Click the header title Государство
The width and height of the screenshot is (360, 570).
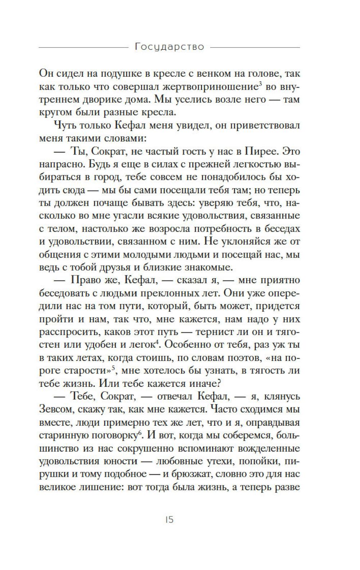click(169, 47)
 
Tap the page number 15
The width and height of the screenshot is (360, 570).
click(169, 520)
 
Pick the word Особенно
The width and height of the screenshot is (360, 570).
click(190, 345)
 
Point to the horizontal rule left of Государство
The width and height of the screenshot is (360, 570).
click(83, 47)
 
